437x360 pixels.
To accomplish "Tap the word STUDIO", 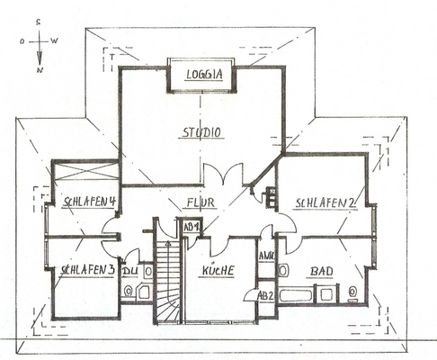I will pyautogui.click(x=202, y=132).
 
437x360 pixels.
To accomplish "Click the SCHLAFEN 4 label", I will pyautogui.click(x=85, y=202).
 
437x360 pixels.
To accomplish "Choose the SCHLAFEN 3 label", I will pyautogui.click(x=84, y=270).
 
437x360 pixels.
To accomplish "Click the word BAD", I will pyautogui.click(x=322, y=271).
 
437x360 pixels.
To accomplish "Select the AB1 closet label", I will pyautogui.click(x=191, y=228).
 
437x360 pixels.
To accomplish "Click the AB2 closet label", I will pyautogui.click(x=265, y=294).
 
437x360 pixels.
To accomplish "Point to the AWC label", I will pyautogui.click(x=266, y=256).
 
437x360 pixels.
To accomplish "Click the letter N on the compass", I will pyautogui.click(x=40, y=68).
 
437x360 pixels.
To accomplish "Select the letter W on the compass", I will pyautogui.click(x=56, y=41).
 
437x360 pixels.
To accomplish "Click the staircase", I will pyautogui.click(x=167, y=279).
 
